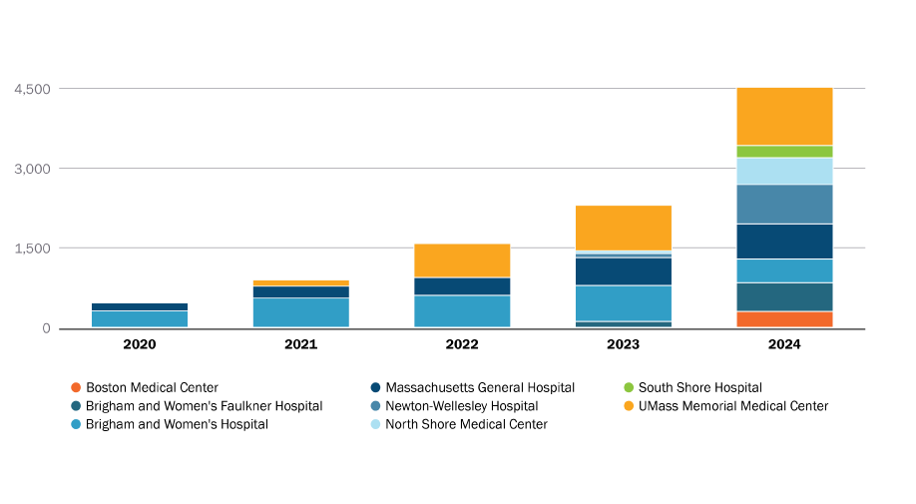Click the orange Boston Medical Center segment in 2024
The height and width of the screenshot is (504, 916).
click(x=784, y=319)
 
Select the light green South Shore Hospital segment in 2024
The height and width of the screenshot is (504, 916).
click(x=784, y=152)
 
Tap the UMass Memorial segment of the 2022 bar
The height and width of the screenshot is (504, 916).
click(x=462, y=260)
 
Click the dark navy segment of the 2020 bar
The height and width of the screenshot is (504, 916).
click(x=140, y=306)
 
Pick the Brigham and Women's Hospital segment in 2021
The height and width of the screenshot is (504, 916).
click(x=300, y=312)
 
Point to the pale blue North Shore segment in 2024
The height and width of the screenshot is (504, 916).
click(x=784, y=172)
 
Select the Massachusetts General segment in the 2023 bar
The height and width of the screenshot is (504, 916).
click(x=624, y=271)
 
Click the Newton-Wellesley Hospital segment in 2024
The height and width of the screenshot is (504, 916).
click(x=784, y=205)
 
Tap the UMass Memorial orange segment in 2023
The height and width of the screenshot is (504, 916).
click(x=624, y=228)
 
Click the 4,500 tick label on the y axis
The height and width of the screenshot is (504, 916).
click(x=32, y=89)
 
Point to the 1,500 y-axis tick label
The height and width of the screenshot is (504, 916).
click(x=32, y=249)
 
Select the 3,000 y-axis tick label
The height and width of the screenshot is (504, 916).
click(x=32, y=169)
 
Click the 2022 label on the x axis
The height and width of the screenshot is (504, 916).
click(x=462, y=344)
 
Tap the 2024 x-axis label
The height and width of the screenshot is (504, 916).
click(x=784, y=344)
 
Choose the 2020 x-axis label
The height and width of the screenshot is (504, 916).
click(x=140, y=344)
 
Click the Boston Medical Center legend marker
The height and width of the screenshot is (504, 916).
click(x=75, y=387)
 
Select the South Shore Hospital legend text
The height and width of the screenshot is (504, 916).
click(x=699, y=387)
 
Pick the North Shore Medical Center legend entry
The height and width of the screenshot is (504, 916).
click(x=466, y=424)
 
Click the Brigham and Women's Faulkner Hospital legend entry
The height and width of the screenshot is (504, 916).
click(x=204, y=406)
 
